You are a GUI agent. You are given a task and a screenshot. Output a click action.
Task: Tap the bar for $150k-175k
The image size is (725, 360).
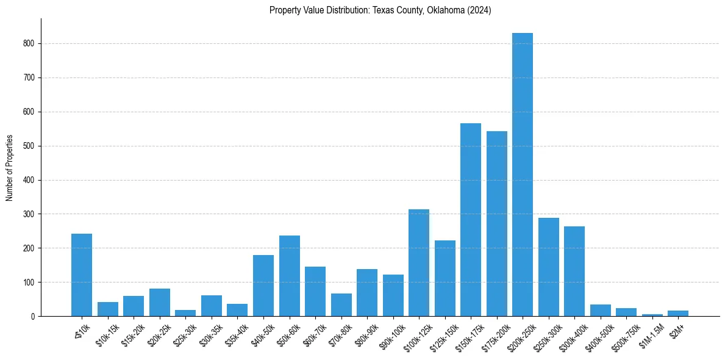click(x=470, y=220)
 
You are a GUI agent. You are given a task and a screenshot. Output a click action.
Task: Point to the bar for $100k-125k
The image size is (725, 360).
click(x=418, y=262)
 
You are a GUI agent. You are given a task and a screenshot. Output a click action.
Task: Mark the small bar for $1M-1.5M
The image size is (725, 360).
click(x=652, y=315)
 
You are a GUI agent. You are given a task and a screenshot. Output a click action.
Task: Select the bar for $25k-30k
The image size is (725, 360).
click(x=185, y=313)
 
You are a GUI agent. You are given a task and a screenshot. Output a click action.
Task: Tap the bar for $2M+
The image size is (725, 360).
click(x=677, y=313)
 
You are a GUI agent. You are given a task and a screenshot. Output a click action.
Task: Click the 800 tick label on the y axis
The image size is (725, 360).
click(x=30, y=44)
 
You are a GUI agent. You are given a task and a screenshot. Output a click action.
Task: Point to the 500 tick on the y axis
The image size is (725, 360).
click(x=30, y=146)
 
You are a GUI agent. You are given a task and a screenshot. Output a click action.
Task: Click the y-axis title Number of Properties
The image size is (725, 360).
click(x=9, y=168)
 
